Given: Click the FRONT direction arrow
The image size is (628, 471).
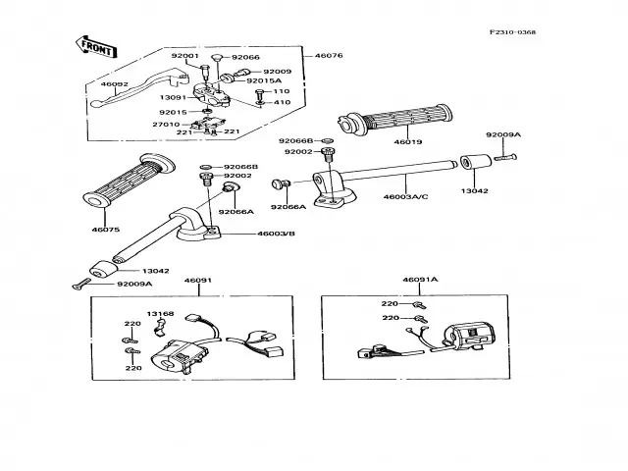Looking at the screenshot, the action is pos(96,47).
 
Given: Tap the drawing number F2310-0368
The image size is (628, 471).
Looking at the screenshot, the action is pos(512,32).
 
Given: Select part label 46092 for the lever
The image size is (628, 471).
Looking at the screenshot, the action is pos(114,84).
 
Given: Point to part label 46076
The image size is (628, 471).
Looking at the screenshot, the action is pos(329,56).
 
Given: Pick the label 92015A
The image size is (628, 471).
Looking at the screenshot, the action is pos(264,80).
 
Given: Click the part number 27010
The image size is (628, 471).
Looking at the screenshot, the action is pos(166,125).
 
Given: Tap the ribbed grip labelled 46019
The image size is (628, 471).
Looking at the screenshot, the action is pos(394,118).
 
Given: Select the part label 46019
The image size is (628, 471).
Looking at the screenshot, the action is pos(408,141).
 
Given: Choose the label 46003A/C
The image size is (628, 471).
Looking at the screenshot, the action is pos(405,197).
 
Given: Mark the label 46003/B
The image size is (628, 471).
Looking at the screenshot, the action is pos(276,234).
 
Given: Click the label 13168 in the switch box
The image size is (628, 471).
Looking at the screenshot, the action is pos(160,314).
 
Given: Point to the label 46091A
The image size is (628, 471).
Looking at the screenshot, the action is pos(420,280).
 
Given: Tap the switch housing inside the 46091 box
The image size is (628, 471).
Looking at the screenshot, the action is pos(180,355).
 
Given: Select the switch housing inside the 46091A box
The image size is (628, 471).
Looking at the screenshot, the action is pos(469,335).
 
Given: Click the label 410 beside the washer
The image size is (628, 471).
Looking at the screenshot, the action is pos(282,102).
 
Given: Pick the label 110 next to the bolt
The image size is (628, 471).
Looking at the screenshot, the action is pos(282,91).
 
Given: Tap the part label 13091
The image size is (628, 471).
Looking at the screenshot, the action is pos(173,98).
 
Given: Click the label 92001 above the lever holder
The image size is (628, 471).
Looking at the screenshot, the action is pos(185,56).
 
